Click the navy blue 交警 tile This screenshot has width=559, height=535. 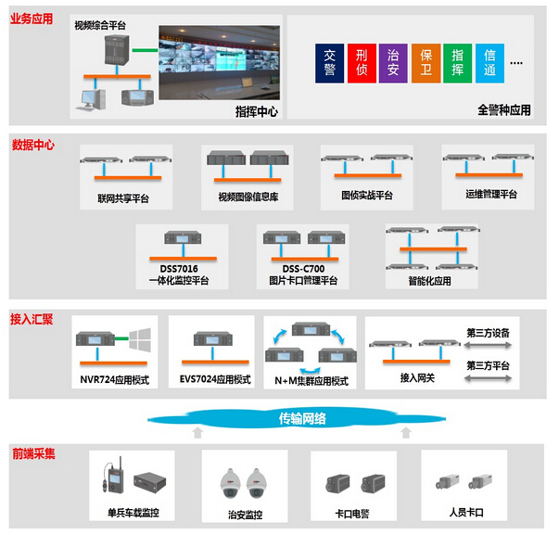[329, 63]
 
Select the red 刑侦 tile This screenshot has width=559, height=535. [362, 63]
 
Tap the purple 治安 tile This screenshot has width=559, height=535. [393, 63]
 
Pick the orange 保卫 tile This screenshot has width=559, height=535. [426, 63]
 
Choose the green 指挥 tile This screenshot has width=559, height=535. [457, 63]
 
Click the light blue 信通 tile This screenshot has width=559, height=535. [489, 63]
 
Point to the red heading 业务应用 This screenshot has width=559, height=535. [32, 19]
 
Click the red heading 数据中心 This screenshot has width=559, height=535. [33, 146]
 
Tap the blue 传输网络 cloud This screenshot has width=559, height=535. [297, 418]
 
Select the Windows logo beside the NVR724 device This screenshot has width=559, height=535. [140, 340]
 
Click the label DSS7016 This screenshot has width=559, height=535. [179, 269]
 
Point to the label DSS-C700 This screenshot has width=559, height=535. [303, 269]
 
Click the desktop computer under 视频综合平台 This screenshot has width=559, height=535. [91, 100]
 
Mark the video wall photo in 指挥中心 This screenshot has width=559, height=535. [220, 62]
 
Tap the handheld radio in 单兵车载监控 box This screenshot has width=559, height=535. [113, 475]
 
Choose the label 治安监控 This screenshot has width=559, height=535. [245, 515]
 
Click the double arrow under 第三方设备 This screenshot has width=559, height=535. [488, 345]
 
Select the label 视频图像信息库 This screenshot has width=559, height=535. [248, 197]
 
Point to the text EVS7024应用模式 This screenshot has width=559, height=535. [215, 379]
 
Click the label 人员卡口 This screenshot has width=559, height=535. [466, 513]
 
